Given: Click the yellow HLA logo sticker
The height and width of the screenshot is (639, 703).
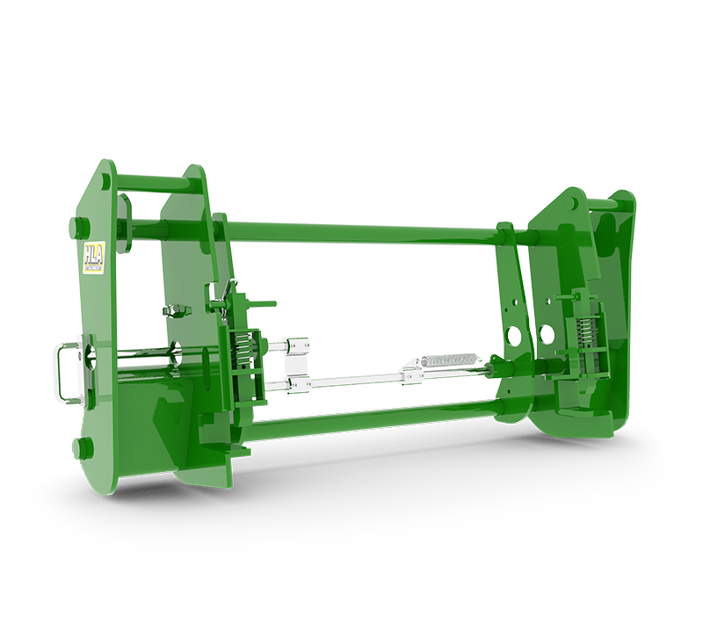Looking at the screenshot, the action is pos(93,258).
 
